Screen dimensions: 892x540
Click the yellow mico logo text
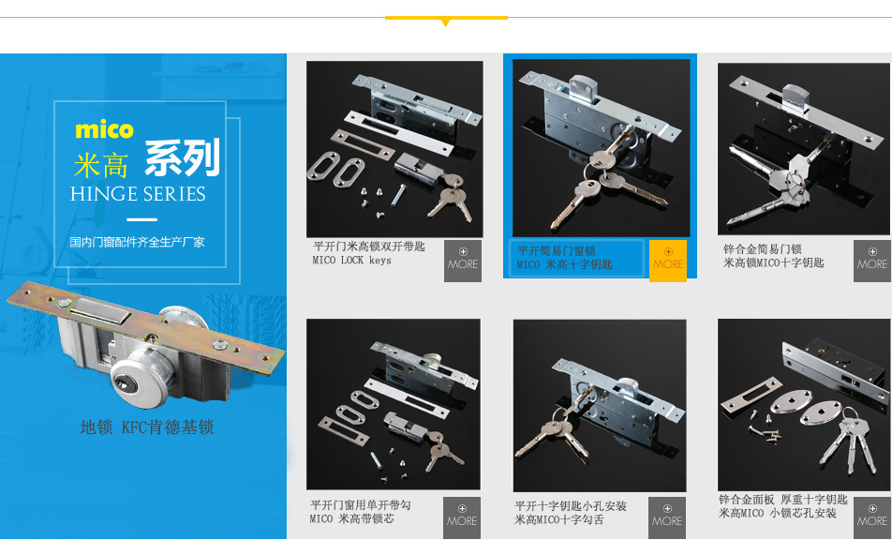click(104, 129)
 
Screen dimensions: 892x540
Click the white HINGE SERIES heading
click(138, 194)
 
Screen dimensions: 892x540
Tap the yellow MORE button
click(668, 261)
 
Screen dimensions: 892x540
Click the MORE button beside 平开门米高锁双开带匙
click(463, 261)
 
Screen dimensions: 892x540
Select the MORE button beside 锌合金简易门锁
click(872, 261)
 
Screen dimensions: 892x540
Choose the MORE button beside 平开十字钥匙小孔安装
click(667, 517)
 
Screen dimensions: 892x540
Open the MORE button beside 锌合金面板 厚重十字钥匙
click(872, 517)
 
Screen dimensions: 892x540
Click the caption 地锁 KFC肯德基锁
click(147, 427)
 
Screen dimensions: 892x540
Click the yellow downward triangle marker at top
click(445, 22)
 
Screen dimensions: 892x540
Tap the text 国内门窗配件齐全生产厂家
click(137, 242)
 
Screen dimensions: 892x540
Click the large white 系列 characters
click(182, 158)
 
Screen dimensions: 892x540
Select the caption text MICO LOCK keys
click(351, 261)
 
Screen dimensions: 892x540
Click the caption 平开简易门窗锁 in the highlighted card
click(557, 251)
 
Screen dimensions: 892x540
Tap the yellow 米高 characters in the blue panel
click(101, 166)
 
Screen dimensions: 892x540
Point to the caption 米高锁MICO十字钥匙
click(774, 262)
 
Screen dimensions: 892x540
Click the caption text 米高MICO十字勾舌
click(559, 519)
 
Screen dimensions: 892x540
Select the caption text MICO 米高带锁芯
click(351, 519)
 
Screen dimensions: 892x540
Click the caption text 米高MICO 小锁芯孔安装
click(778, 513)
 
